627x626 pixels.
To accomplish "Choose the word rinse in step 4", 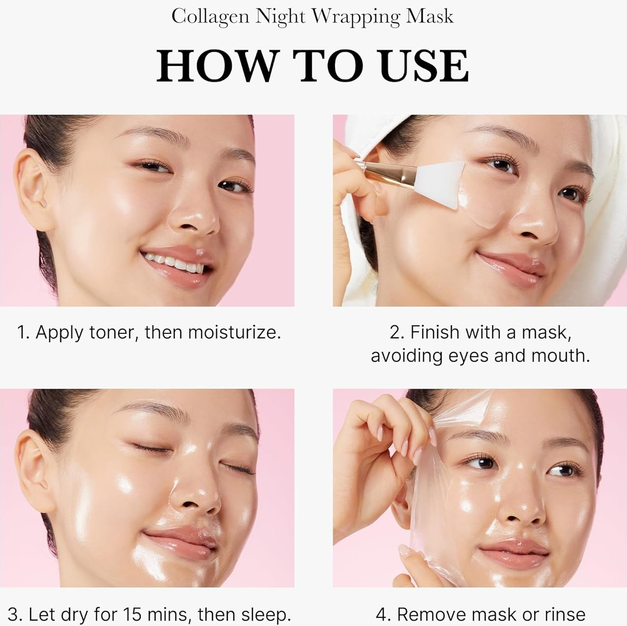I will pos(565,614).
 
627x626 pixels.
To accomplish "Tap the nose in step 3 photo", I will pos(197,498).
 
